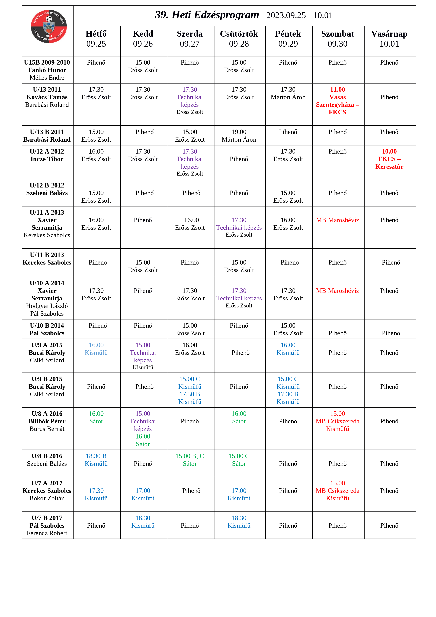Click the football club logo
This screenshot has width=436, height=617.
click(x=49, y=27)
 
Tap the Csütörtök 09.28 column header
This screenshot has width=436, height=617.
click(x=239, y=39)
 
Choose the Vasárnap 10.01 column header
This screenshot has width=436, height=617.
click(x=389, y=39)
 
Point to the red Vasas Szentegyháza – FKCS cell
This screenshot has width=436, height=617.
click(x=337, y=101)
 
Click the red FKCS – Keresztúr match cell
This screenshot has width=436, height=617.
click(x=389, y=159)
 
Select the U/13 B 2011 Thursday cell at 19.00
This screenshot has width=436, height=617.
click(x=239, y=136)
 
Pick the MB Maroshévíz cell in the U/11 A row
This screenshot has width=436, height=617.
click(x=337, y=220)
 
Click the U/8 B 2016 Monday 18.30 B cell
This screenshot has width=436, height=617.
click(x=96, y=460)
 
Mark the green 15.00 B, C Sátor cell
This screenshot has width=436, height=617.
click(x=190, y=460)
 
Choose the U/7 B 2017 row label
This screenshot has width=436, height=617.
click(x=47, y=525)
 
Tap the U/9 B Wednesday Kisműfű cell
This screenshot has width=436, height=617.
click(x=190, y=390)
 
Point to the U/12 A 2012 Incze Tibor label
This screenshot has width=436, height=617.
click(x=47, y=155)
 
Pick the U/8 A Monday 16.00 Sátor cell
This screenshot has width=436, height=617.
click(x=96, y=417)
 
